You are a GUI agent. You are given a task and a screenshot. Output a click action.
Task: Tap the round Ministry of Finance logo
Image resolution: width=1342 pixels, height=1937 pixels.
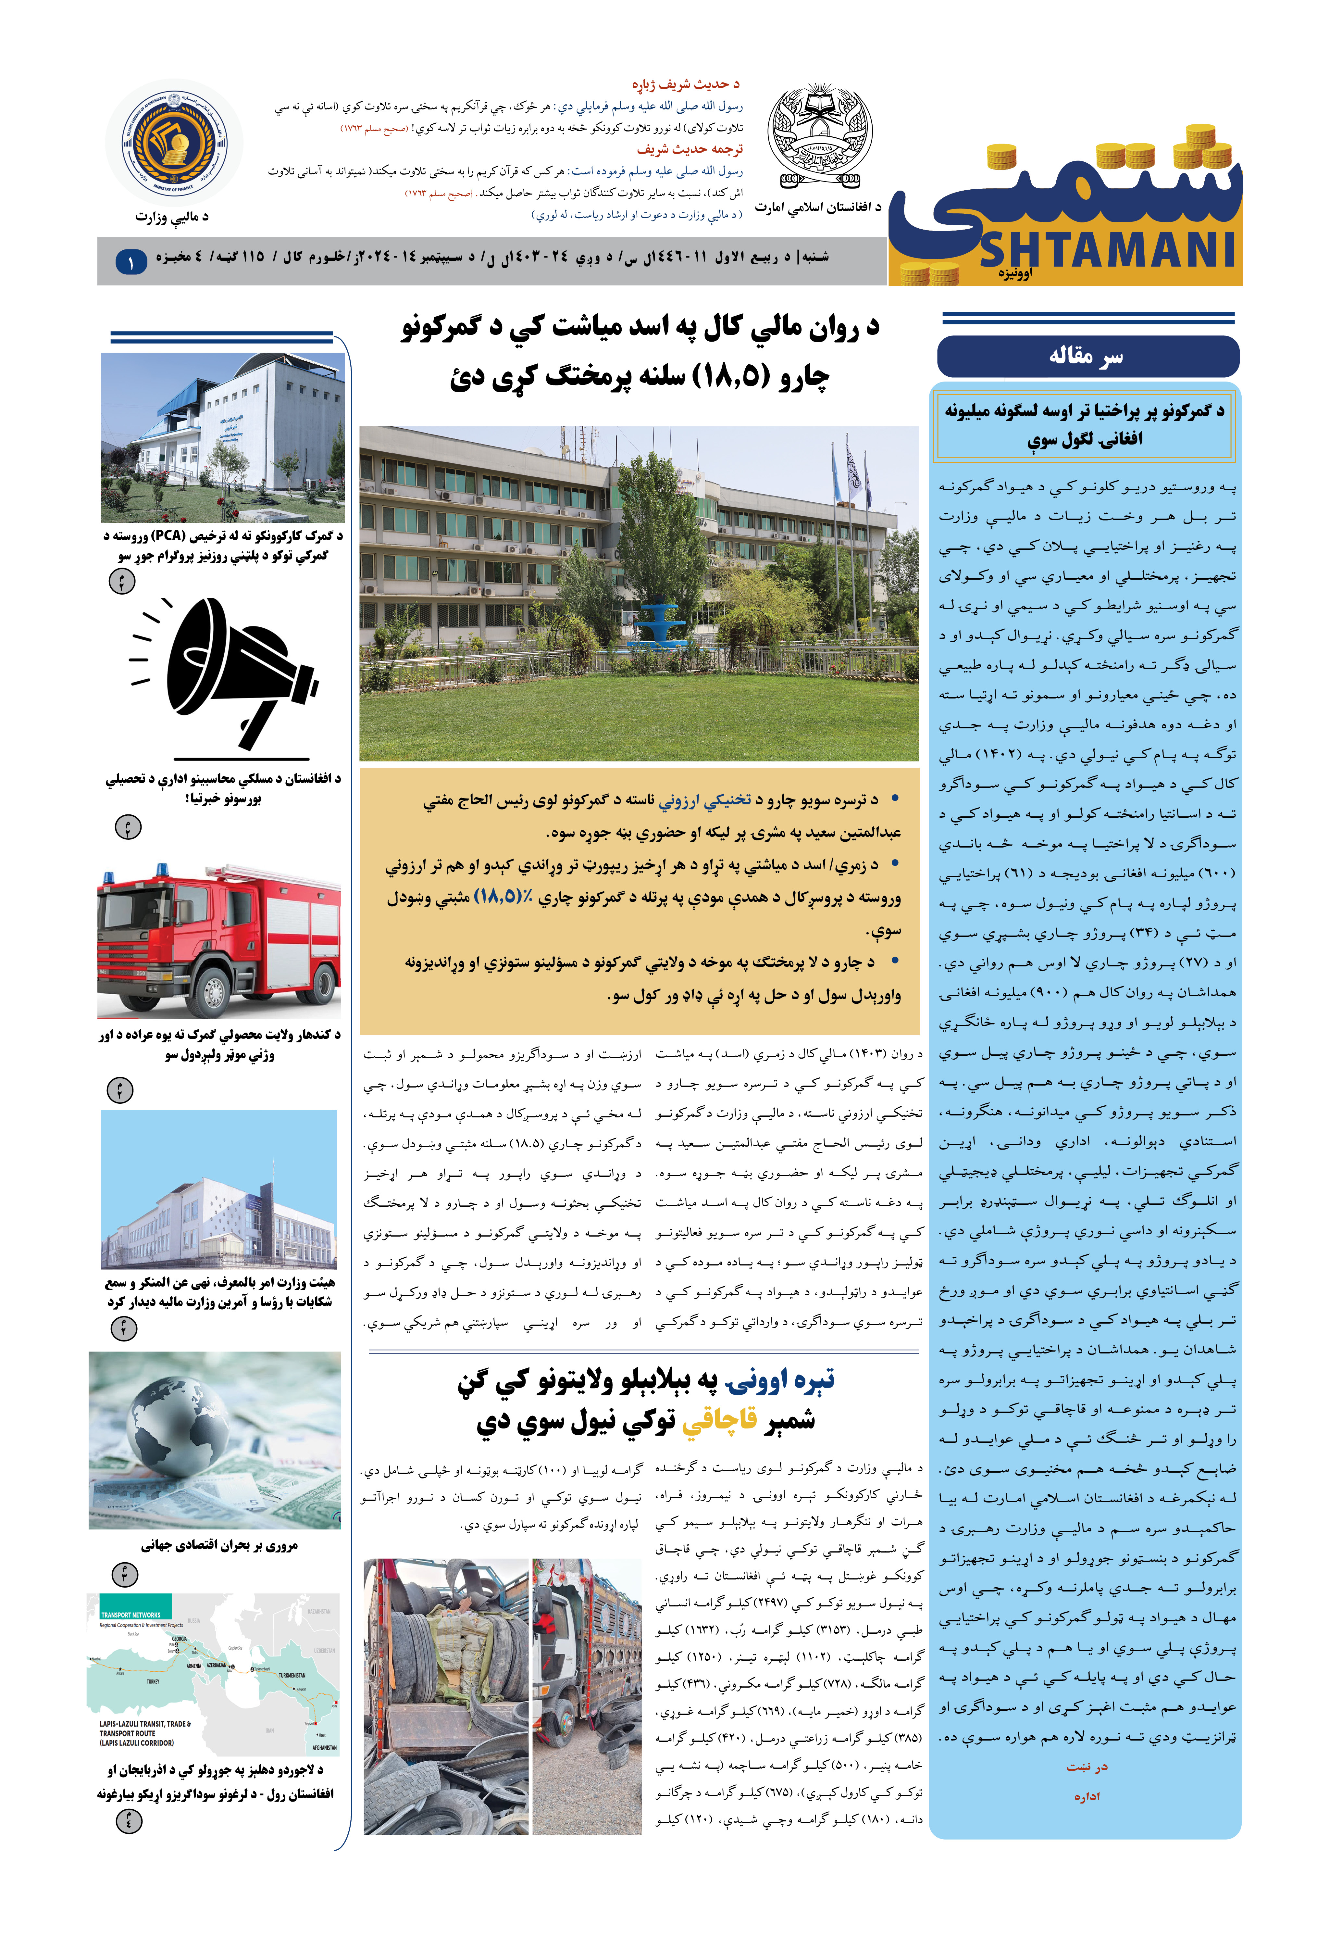tap(174, 143)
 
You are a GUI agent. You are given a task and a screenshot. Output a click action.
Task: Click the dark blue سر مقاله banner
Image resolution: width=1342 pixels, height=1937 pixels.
tap(1087, 357)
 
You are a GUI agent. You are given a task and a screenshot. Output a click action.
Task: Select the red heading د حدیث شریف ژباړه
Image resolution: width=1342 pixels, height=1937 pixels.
tap(685, 84)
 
